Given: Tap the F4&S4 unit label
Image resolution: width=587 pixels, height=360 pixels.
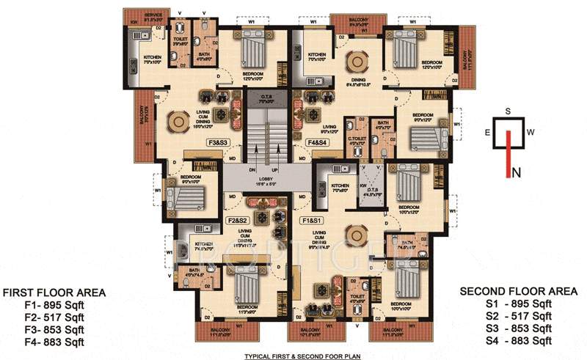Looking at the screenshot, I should (x=317, y=142).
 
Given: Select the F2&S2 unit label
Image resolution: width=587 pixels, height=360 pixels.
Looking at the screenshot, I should (x=240, y=219).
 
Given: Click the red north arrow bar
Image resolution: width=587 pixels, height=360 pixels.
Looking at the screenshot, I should (x=507, y=154).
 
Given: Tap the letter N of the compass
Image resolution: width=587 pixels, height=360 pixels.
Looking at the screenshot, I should (x=517, y=173).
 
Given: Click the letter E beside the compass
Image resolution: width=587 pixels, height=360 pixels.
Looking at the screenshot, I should (x=486, y=133).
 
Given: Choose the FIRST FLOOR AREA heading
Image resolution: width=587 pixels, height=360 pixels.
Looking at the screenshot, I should (x=54, y=293).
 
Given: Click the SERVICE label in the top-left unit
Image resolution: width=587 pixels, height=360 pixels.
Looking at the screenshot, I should (x=153, y=15).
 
